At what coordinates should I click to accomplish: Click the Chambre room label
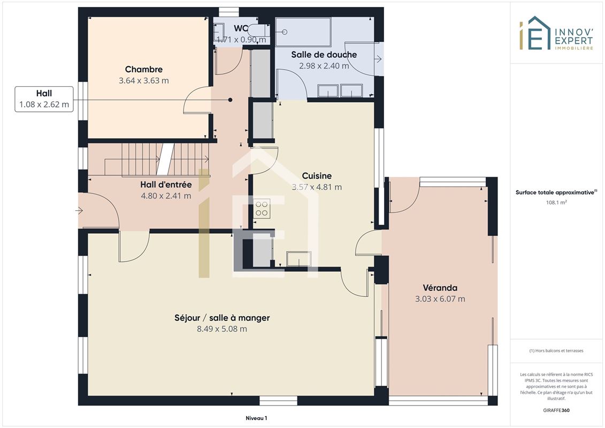[x=143, y=70]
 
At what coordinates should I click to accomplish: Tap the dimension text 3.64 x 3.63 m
[x=143, y=81]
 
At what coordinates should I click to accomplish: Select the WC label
[x=241, y=28]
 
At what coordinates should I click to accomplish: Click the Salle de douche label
[x=324, y=55]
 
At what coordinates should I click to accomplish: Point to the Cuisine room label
[x=317, y=176]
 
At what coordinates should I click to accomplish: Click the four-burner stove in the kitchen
[x=262, y=209]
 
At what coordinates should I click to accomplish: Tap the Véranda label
[x=440, y=288]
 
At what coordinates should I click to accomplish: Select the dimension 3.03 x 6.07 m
[x=440, y=299]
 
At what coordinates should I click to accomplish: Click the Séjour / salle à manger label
[x=222, y=318]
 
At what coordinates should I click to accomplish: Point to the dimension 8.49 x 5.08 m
[x=222, y=329]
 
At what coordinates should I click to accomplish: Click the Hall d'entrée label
[x=166, y=185]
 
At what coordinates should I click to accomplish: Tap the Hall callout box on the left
[x=44, y=99]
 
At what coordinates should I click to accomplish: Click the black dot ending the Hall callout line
[x=231, y=100]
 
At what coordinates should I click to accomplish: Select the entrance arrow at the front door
[x=79, y=211]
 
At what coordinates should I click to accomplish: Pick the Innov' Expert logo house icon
[x=535, y=33]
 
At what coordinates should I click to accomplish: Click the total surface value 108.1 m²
[x=556, y=202]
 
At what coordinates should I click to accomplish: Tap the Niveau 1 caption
[x=256, y=418]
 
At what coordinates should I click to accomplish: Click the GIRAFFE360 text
[x=556, y=410]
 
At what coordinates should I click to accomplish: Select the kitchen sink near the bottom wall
[x=298, y=258]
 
